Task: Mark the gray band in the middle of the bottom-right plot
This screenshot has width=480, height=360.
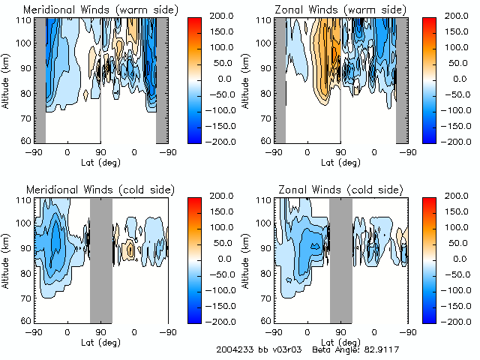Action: click(x=340, y=259)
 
